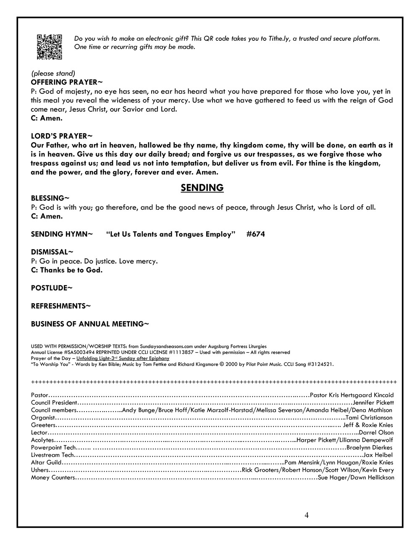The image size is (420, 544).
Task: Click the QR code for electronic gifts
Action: point(50,46)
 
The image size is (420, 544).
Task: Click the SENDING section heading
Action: point(202,188)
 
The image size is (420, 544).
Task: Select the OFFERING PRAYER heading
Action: point(66,82)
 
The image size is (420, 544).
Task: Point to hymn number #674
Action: point(255,234)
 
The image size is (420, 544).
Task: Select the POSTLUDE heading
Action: point(52,288)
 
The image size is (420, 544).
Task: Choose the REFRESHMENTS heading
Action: point(60,306)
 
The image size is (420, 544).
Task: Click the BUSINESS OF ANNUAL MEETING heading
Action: point(90,324)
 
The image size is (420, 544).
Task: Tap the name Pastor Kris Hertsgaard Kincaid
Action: point(352,395)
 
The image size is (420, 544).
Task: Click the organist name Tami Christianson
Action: point(369,417)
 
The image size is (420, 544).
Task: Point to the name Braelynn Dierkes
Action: point(370,447)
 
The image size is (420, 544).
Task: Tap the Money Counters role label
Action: point(53,478)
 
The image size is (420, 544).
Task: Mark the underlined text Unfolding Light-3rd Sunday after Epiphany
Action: point(123,359)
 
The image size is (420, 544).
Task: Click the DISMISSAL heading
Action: point(52,252)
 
